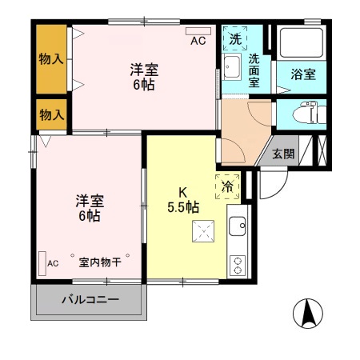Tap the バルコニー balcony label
(x=90, y=302)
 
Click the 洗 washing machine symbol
(x=235, y=38)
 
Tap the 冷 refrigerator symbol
(x=227, y=185)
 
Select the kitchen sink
(x=237, y=228)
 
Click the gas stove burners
(x=238, y=263)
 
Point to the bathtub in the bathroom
(x=300, y=45)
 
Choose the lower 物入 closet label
(x=52, y=115)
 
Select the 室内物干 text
(x=99, y=262)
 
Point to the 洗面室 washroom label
(x=254, y=70)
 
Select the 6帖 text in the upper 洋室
(x=144, y=84)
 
